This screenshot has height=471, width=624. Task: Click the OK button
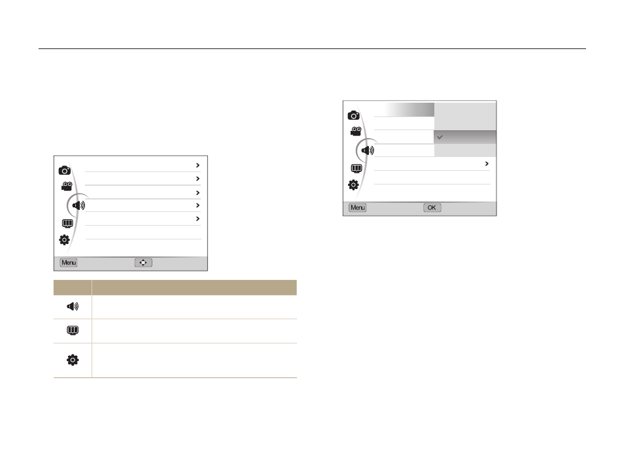click(x=432, y=207)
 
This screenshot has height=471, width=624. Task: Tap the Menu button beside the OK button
click(x=357, y=207)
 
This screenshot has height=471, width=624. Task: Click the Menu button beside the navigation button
click(x=69, y=263)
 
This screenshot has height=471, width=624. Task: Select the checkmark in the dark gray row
click(x=440, y=137)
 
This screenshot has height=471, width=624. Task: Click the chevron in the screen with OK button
click(x=487, y=164)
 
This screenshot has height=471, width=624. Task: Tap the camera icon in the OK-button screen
click(x=353, y=116)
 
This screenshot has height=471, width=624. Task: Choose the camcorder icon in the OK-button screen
click(x=356, y=131)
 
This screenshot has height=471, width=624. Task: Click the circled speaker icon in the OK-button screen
click(x=368, y=150)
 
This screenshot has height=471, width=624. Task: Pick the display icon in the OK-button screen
click(x=356, y=168)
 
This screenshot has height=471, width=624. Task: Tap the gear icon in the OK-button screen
click(x=353, y=184)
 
